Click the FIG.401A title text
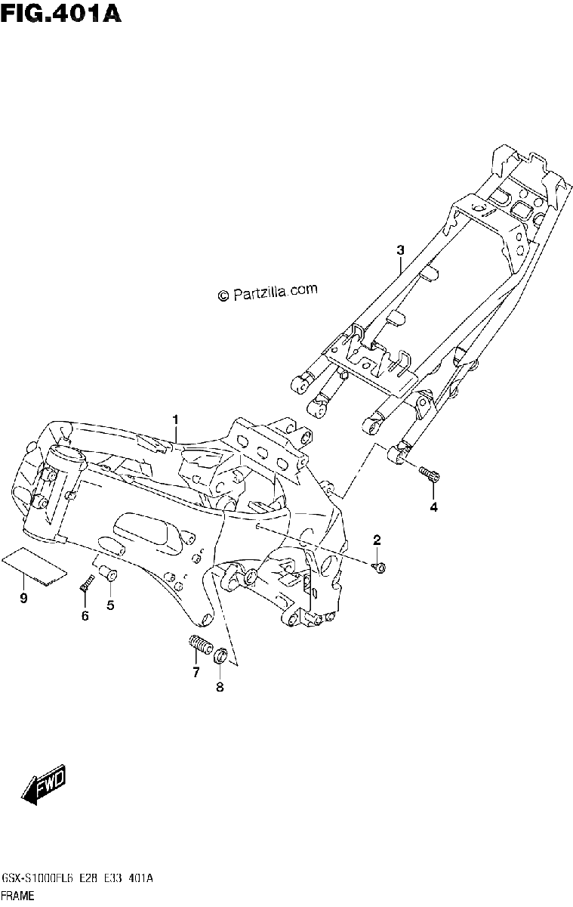pos(60,14)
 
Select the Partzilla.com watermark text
pos(268,293)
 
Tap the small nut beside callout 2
pos(379,568)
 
